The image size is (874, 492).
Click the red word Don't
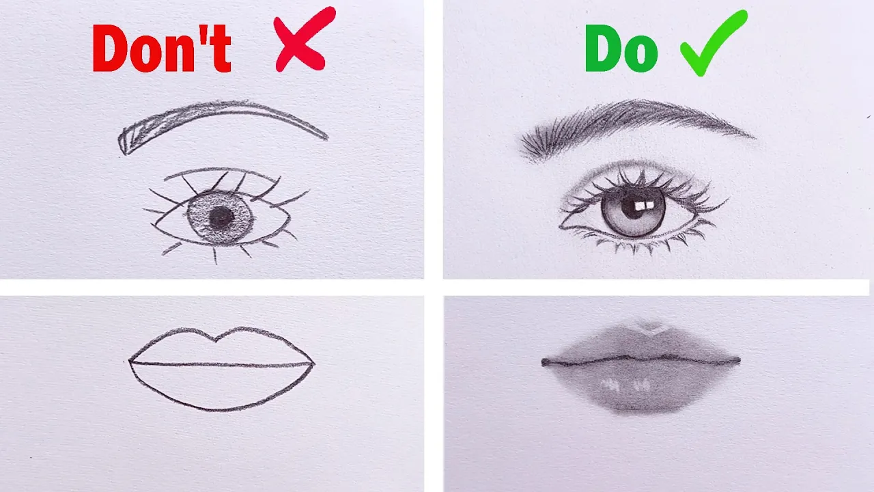(x=162, y=48)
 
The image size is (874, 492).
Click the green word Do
(x=621, y=49)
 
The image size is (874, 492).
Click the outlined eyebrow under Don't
(x=218, y=110)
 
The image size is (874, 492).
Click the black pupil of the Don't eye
(x=222, y=217)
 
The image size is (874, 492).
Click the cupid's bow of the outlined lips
(x=216, y=339)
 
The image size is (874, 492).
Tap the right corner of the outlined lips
(x=313, y=364)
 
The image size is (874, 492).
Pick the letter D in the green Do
(x=603, y=48)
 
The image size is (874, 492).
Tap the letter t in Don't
(x=222, y=49)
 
